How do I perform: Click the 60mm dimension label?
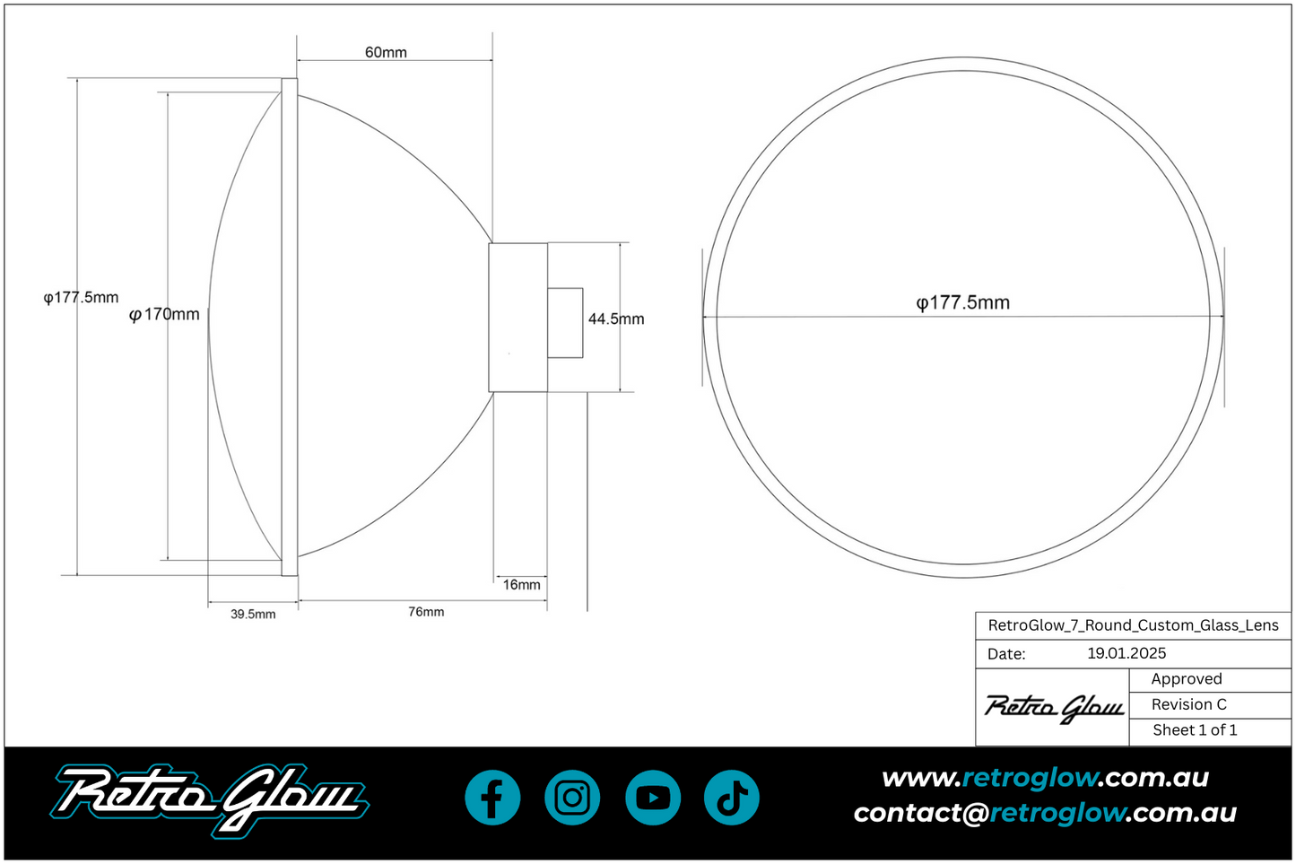(386, 53)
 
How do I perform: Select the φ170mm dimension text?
(165, 314)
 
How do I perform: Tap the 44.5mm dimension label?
(616, 319)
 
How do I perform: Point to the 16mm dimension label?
(521, 585)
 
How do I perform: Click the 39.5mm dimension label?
(253, 615)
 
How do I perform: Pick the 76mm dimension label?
(426, 612)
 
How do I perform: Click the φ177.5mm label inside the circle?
(962, 303)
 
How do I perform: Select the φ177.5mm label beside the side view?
(81, 298)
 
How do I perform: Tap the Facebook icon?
(492, 798)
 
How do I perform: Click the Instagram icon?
(572, 798)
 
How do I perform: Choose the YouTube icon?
(653, 798)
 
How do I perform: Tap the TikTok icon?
(732, 798)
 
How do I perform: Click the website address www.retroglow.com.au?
(1045, 778)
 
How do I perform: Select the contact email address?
(1045, 813)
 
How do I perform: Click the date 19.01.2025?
(1126, 653)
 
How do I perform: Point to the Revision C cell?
(1188, 705)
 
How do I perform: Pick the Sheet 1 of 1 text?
(1195, 730)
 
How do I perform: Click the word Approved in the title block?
(1186, 679)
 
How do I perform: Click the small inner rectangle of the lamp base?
(565, 323)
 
